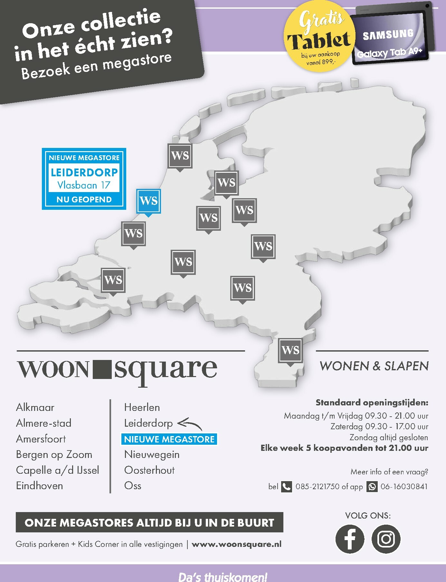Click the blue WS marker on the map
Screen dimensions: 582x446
[148, 201]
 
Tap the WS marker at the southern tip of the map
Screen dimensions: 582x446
[290, 350]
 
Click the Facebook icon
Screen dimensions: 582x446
[350, 539]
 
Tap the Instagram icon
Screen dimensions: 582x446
[386, 539]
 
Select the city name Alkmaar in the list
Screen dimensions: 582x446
[35, 407]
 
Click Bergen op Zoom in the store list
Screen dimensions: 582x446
[54, 454]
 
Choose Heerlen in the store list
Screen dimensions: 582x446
[142, 407]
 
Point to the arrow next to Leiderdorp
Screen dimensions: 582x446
[190, 423]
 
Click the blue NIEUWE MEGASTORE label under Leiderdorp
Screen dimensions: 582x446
[169, 439]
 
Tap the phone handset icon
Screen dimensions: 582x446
[286, 486]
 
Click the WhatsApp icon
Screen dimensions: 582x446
[372, 486]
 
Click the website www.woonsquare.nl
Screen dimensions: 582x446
[236, 544]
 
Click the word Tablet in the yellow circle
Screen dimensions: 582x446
[319, 41]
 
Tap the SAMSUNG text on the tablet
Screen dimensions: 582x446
[388, 34]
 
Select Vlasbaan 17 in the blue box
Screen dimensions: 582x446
[84, 185]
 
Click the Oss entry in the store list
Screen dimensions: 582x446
[133, 486]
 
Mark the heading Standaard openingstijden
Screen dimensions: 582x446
[372, 403]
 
